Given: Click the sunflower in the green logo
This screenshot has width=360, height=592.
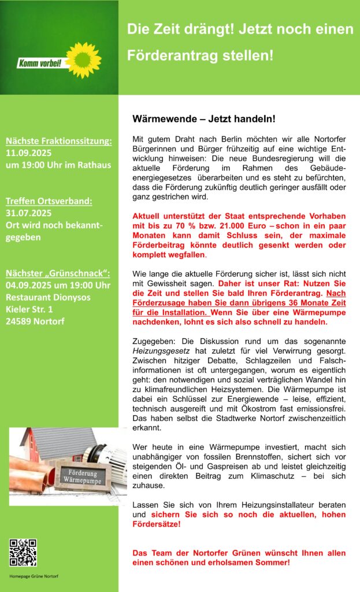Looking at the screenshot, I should (x=83, y=60).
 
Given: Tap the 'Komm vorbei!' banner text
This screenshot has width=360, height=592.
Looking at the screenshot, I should (x=40, y=63).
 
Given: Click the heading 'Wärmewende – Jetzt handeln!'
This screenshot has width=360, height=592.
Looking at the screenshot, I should (x=204, y=119).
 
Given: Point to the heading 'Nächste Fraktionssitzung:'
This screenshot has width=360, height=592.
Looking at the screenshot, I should (x=59, y=140).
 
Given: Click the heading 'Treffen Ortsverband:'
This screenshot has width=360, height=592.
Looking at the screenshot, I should (x=49, y=201).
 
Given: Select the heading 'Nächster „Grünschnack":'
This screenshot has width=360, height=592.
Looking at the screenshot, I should (x=58, y=273).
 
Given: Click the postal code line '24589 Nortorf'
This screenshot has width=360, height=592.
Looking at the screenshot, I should (x=36, y=322).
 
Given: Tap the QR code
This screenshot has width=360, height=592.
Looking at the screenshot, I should (x=23, y=553).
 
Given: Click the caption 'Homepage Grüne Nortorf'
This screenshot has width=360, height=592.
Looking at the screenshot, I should (x=34, y=576).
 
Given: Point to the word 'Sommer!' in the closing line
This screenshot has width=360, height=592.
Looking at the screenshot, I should (x=272, y=562).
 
